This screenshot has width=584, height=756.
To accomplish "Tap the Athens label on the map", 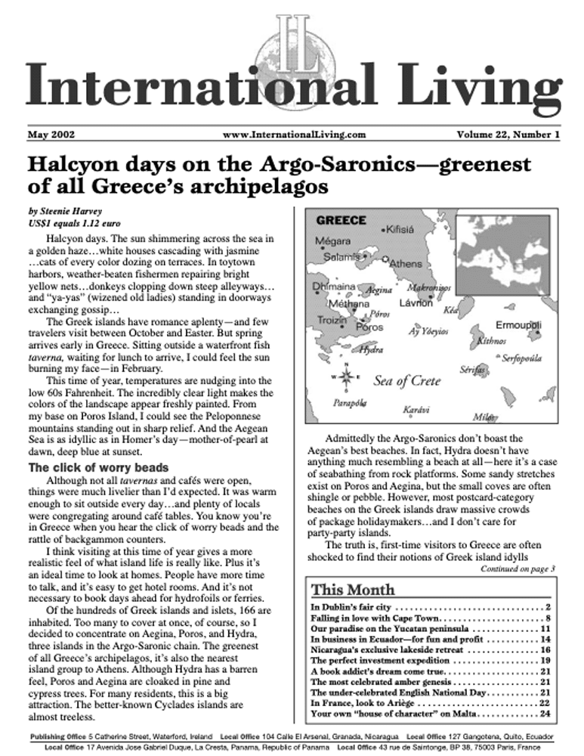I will (406, 264).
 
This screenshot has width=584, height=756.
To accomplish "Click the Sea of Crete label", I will (406, 381).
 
